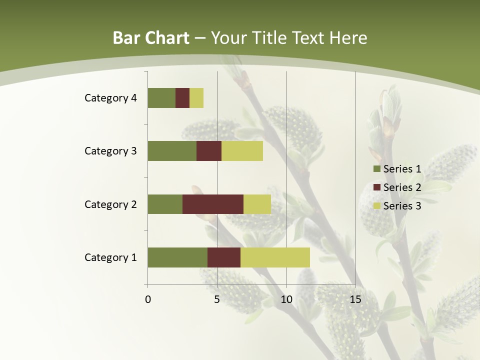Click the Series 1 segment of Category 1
177,257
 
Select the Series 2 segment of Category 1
224,257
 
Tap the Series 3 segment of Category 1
275,257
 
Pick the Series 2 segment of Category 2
213,204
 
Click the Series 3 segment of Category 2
257,204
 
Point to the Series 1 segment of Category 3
172,151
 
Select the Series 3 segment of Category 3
242,151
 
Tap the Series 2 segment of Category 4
182,98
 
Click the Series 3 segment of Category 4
196,98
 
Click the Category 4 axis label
110,98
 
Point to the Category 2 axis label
110,204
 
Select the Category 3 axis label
110,151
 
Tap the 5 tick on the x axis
217,299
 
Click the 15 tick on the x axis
355,299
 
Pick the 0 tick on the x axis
148,299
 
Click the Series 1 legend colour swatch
376,169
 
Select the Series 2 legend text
402,187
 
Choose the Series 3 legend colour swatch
376,206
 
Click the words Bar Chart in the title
151,38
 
